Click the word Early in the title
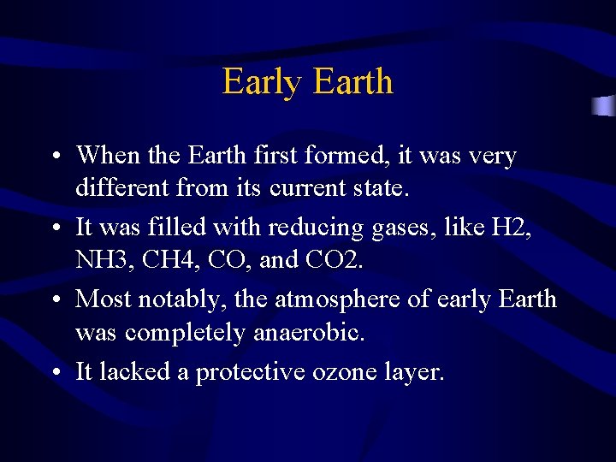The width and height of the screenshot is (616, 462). (x=264, y=82)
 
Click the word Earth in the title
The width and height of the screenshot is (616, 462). (x=352, y=82)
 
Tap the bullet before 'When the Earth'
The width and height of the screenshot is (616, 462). (x=54, y=157)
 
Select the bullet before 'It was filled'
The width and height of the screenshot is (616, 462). (x=54, y=228)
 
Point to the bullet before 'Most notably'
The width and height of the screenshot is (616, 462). (x=54, y=300)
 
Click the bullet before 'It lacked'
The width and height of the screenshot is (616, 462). (x=54, y=373)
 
